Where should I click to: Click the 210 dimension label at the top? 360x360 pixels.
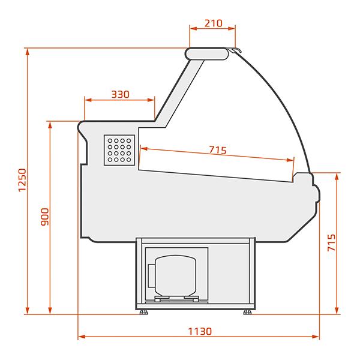pyautogui.click(x=213, y=23)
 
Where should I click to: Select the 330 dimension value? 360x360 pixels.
pyautogui.click(x=121, y=94)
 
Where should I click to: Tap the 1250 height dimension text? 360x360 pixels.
pyautogui.click(x=23, y=180)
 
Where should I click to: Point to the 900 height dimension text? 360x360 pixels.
pyautogui.click(x=45, y=217)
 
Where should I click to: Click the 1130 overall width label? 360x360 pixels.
pyautogui.click(x=200, y=331)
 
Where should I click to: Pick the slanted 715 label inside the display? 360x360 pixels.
pyautogui.click(x=218, y=150)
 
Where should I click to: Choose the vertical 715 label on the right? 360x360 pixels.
pyautogui.click(x=331, y=242)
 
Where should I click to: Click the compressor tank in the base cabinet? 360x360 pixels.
pyautogui.click(x=176, y=275)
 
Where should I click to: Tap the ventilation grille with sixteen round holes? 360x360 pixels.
pyautogui.click(x=119, y=150)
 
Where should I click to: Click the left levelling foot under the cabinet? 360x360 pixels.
pyautogui.click(x=144, y=312)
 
